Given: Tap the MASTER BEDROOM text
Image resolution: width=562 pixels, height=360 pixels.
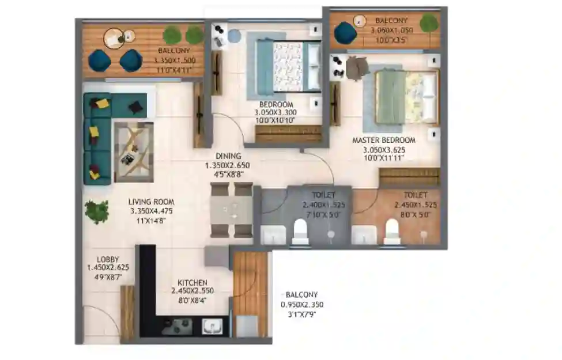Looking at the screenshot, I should click(384, 140).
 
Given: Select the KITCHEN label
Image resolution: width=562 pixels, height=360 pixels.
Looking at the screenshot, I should click(192, 282).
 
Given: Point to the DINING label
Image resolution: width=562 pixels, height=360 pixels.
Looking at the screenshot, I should click(228, 156).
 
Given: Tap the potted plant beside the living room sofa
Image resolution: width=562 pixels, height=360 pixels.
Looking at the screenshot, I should click(96, 211).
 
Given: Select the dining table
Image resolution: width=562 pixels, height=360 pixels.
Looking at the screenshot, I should click(232, 210).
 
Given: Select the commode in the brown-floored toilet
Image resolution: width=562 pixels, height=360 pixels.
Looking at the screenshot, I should click(392, 232).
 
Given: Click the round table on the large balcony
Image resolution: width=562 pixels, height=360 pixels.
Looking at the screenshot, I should click(119, 39).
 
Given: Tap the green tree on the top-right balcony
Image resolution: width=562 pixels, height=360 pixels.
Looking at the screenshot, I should click(428, 24).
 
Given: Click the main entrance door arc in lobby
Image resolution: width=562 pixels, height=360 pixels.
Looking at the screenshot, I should click(101, 320).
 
